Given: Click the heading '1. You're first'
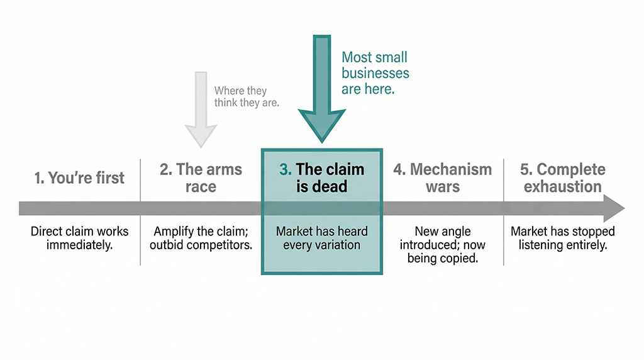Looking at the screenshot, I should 79,178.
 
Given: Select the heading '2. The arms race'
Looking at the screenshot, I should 201,178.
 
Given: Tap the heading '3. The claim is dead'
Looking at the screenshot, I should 321,178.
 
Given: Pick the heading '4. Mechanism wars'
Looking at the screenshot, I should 443,178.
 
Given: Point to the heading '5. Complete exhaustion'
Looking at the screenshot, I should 563,178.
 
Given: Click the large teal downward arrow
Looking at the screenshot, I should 321,94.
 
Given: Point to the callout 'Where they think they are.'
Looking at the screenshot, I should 247,96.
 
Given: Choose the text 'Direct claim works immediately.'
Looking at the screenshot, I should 79,238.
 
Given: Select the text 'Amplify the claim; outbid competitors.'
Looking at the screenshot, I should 201,238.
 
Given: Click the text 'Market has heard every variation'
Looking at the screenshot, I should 321,238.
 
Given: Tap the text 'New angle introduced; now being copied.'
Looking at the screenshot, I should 443,245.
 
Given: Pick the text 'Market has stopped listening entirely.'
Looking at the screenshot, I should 563,238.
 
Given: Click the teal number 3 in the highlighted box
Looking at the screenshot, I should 285,170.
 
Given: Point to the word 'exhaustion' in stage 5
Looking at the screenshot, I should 563,187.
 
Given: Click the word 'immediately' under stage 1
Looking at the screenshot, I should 79,245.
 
